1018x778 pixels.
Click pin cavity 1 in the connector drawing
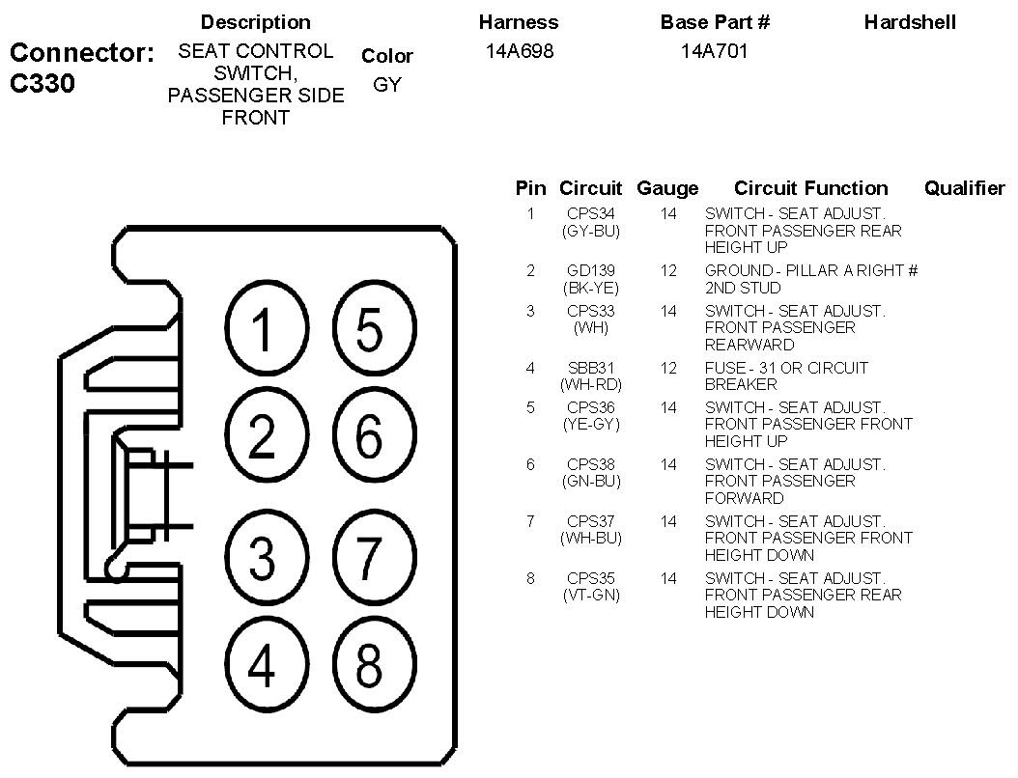click(x=263, y=329)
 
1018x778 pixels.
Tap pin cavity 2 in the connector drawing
click(x=263, y=437)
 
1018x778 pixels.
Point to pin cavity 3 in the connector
click(x=263, y=557)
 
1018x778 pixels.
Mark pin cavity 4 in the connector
click(x=263, y=665)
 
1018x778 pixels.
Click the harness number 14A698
click(x=520, y=51)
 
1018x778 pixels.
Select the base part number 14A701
click(x=714, y=51)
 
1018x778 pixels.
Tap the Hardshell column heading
click(x=910, y=21)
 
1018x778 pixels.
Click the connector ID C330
click(x=42, y=84)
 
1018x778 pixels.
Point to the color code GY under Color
click(x=386, y=85)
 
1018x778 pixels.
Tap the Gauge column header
click(x=667, y=188)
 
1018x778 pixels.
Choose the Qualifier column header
click(x=964, y=188)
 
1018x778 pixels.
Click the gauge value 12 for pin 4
click(x=668, y=368)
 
